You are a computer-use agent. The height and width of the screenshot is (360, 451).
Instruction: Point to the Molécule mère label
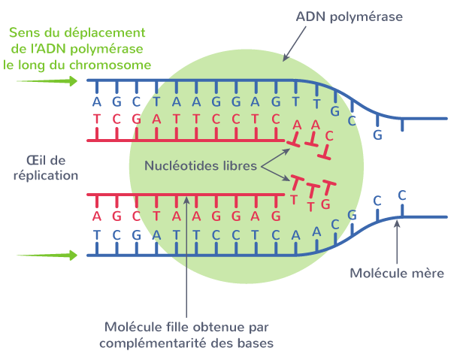[x=398, y=272]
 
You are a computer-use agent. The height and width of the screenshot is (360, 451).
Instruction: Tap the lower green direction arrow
[x=47, y=256]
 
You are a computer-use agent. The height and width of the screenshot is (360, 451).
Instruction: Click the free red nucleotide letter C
[x=329, y=135]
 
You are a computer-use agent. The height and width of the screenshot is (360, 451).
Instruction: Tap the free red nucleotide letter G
[x=325, y=204]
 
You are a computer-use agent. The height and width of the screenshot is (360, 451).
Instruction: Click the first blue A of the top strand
[x=96, y=101]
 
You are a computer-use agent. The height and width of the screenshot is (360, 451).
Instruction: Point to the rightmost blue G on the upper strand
[x=378, y=135]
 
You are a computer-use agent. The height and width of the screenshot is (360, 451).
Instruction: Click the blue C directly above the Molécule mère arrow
[x=402, y=195]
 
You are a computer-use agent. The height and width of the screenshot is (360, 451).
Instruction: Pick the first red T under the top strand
[x=96, y=119]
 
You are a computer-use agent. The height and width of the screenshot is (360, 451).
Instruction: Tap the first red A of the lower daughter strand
[x=96, y=216]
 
